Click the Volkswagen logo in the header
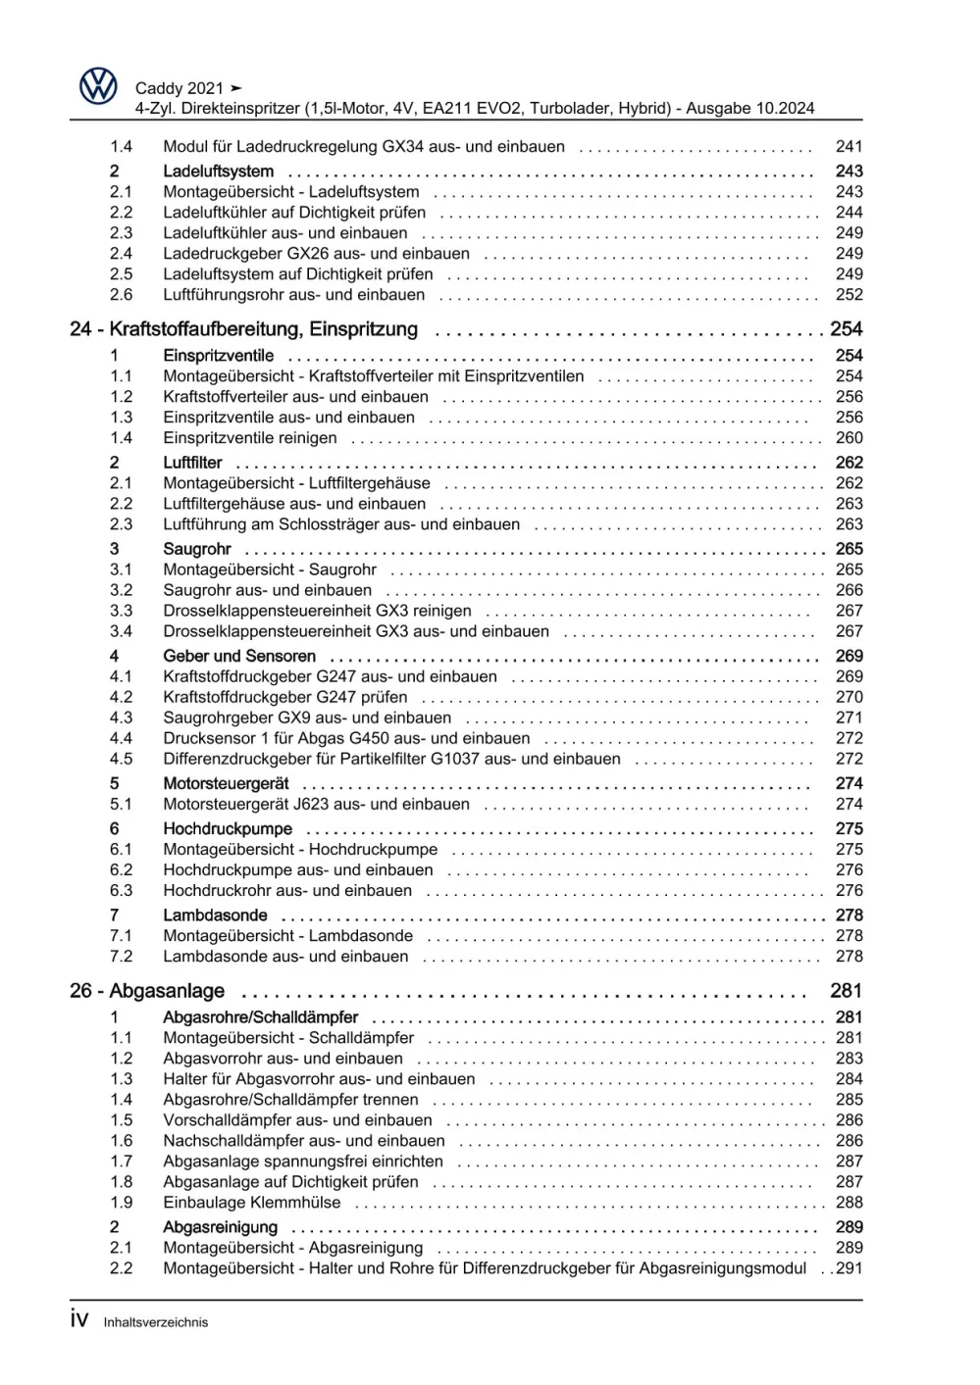pos(98,87)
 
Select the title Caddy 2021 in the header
pos(180,88)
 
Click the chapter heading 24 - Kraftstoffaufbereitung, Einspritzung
pos(243,329)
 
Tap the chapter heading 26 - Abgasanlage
pos(147,991)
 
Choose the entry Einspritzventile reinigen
pos(249,438)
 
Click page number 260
pos(849,438)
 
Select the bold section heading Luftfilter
pos(192,463)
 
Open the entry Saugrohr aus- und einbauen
pos(267,590)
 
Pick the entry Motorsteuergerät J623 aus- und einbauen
pos(316,804)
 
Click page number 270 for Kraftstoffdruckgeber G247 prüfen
pos(849,697)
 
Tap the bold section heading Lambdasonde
pos(215,915)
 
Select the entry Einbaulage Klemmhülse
pos(251,1203)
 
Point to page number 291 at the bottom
pos(849,1268)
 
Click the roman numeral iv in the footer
pos(79,1319)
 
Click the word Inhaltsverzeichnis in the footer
pos(155,1322)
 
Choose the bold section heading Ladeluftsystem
pos(218,172)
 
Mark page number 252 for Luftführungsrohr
pos(849,295)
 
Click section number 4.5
pos(121,759)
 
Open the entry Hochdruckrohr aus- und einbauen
pos(286,891)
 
